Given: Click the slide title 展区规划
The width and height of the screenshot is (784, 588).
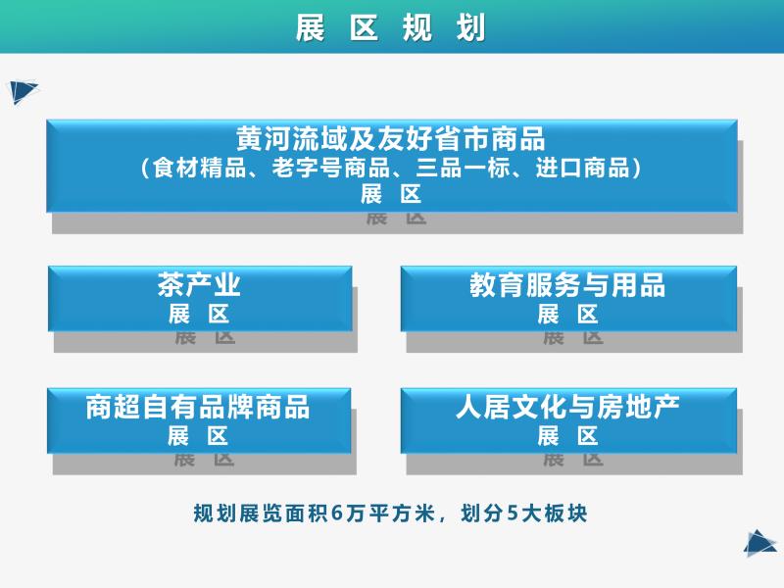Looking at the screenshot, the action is pos(390,28).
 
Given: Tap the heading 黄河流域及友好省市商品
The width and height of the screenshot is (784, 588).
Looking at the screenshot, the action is pos(390,138).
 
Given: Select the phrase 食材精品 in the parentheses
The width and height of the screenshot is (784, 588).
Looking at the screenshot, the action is pos(200,168).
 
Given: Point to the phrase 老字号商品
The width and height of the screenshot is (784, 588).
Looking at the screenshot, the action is pos(330,168).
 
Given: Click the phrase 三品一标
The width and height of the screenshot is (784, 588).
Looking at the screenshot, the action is pos(463,168).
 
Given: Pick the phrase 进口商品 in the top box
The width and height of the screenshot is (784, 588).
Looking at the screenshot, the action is pos(582,168).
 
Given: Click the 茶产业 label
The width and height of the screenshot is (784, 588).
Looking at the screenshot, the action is pos(199,285).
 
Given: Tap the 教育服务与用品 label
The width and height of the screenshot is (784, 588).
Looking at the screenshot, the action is pos(567,285).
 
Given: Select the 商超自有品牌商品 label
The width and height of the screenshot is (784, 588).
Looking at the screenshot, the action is pos(198,407).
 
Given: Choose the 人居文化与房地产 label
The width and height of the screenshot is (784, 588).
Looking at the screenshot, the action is pos(567,407).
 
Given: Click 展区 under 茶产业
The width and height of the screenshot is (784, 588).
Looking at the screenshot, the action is pos(199,315).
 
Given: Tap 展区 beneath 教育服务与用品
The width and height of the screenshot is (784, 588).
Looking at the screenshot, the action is pos(567,315).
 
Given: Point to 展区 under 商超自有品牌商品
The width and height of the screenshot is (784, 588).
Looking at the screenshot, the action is pos(198,436).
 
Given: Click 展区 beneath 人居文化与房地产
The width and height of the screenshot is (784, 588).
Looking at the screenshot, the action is pos(567,436).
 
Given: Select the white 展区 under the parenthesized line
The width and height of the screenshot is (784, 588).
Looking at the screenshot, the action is pos(391,194).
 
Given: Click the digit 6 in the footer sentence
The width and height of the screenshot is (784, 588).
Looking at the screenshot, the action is pos(338,514).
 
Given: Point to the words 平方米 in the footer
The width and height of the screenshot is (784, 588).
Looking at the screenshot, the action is pos(402,514).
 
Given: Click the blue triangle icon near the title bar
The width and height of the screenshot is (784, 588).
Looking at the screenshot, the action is pos(23,92).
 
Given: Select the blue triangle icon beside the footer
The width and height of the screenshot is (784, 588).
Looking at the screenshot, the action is pos(760,543).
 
